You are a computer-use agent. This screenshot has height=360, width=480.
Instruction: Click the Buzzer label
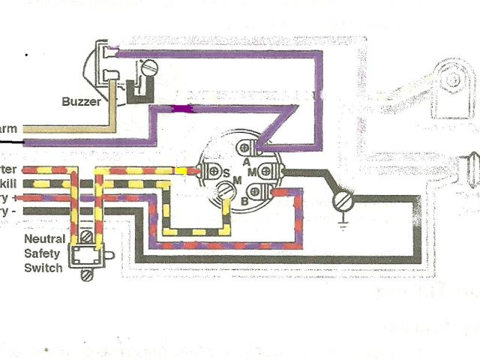(80, 99)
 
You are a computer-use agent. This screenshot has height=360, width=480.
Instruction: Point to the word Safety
(46, 254)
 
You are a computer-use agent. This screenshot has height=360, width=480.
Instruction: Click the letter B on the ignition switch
(244, 200)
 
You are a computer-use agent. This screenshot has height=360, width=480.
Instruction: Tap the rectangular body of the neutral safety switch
(85, 255)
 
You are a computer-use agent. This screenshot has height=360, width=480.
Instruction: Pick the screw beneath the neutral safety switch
(84, 276)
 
